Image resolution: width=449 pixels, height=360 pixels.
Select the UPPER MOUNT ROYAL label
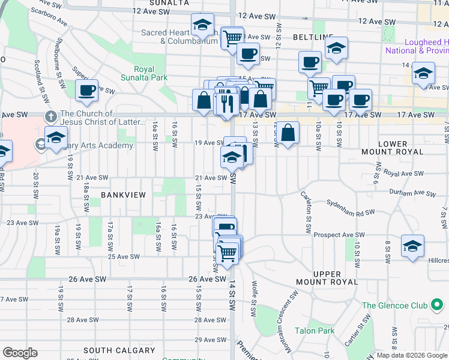(327, 278)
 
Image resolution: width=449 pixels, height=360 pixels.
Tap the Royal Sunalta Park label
(143, 73)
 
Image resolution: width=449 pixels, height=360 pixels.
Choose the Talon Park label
(314, 331)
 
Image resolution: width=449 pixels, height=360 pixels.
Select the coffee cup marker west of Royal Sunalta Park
(87, 91)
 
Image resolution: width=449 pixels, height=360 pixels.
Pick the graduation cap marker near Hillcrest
(412, 246)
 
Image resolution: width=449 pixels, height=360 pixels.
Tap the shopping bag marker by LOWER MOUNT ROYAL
(289, 133)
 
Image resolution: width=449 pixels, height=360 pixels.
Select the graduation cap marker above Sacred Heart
(202, 25)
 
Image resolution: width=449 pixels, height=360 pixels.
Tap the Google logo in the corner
(20, 353)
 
